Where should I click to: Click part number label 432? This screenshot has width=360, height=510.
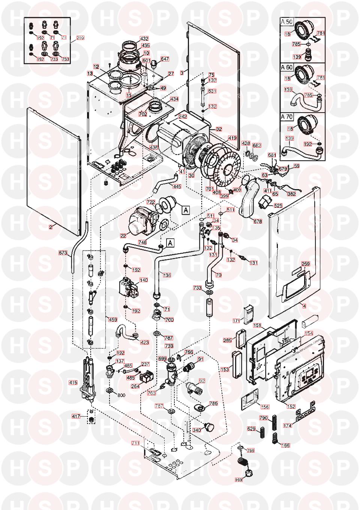[144, 39]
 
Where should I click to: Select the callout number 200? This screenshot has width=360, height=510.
[80, 38]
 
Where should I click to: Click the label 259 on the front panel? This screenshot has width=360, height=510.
[306, 264]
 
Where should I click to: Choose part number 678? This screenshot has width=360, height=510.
[258, 221]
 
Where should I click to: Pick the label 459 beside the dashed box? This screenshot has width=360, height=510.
[112, 320]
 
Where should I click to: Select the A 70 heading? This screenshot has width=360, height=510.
[287, 117]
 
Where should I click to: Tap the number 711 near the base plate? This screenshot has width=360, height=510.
[135, 443]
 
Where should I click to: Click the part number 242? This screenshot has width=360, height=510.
[183, 117]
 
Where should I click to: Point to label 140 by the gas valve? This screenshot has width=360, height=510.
[144, 280]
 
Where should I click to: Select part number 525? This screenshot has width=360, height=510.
[278, 206]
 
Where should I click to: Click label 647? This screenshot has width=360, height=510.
[165, 59]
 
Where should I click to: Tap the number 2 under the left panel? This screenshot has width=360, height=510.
[50, 227]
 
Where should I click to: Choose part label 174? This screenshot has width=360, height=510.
[288, 426]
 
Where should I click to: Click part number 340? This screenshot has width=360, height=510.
[196, 430]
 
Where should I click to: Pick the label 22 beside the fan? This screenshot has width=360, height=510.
[123, 235]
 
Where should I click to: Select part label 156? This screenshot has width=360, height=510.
[265, 407]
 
